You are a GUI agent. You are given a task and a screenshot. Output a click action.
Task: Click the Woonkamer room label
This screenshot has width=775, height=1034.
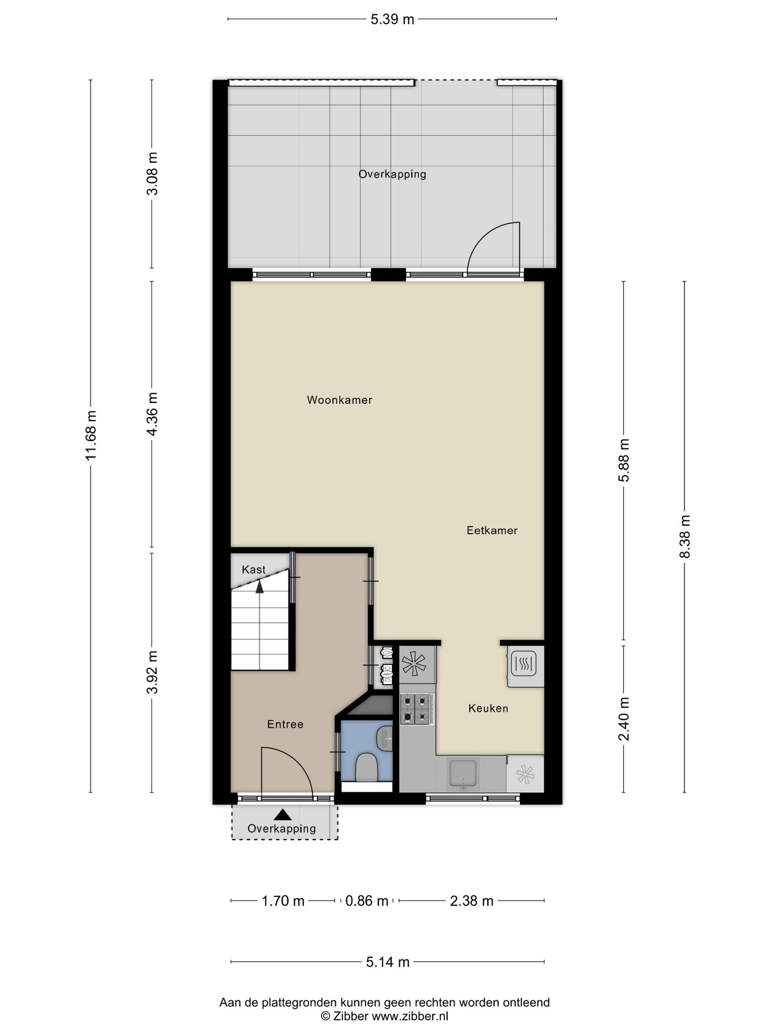coord(340,400)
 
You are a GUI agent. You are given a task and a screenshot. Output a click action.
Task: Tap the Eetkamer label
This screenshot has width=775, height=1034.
coord(492,531)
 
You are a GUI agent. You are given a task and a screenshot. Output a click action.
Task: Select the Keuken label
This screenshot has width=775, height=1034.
coord(488,708)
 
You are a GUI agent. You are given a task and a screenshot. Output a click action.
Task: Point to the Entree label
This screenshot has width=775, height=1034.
coord(285,725)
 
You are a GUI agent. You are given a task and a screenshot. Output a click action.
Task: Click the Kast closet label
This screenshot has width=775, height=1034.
coord(253,570)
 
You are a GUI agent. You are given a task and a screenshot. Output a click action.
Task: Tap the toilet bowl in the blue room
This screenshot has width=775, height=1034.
coord(366,767)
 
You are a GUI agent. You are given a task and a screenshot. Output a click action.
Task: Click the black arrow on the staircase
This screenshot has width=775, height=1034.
coord(260,586)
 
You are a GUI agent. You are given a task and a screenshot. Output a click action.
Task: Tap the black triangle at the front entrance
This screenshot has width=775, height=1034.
coord(283,814)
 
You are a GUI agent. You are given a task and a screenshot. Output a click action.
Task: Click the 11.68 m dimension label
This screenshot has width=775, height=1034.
coord(91,435)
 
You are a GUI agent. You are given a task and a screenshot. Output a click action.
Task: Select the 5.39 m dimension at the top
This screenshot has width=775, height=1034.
coord(392,19)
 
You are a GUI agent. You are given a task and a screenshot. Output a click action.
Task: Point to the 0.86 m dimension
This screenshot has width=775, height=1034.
coord(367,901)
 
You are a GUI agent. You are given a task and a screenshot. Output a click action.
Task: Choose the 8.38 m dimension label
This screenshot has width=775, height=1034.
coord(684,536)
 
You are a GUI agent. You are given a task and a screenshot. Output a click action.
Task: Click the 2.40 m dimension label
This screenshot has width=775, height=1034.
coord(624,718)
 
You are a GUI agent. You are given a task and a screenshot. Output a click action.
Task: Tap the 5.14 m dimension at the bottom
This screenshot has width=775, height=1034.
coord(387,962)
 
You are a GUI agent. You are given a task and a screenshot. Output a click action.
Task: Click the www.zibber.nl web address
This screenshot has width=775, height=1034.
coord(410,1016)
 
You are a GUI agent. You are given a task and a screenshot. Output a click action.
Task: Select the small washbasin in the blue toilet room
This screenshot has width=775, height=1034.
coord(385,738)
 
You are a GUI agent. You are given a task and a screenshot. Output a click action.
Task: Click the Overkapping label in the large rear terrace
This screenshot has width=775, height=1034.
coord(392,174)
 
